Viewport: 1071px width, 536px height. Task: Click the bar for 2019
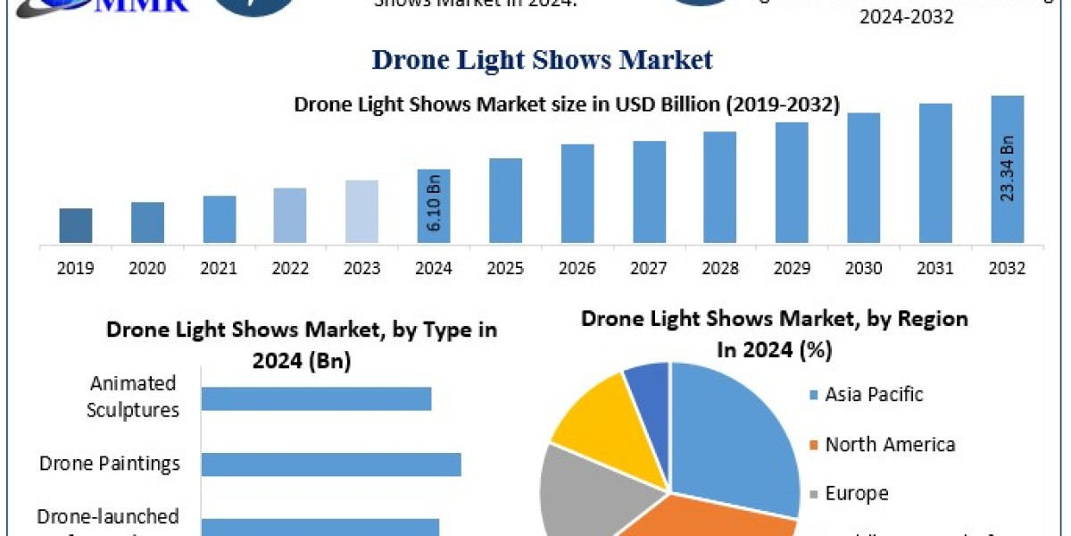(76, 225)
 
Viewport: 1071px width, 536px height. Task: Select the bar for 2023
(362, 212)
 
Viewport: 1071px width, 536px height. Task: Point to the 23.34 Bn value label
(1007, 168)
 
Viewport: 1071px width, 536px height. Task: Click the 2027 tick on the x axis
(649, 268)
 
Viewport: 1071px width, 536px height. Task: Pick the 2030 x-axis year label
(864, 268)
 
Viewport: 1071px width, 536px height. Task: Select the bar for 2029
(792, 182)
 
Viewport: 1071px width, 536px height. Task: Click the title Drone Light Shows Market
(542, 60)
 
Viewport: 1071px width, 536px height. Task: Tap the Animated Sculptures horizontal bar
(316, 398)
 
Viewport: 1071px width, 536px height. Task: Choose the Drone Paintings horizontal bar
(331, 464)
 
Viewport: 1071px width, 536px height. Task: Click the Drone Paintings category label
(110, 464)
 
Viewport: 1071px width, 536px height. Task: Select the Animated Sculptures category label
(133, 397)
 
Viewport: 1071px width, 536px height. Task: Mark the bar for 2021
(220, 219)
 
